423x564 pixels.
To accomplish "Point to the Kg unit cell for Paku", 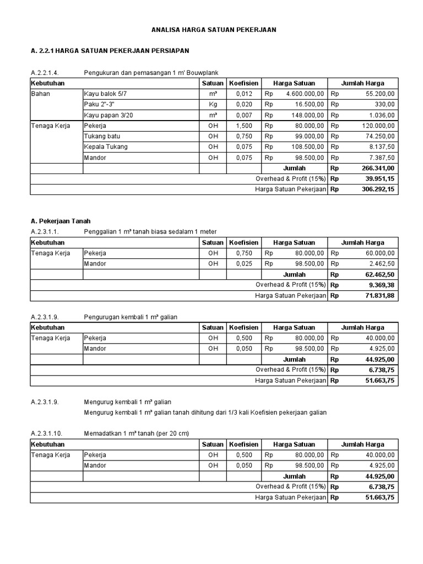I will (213, 105).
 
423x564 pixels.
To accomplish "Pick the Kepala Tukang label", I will (106, 147).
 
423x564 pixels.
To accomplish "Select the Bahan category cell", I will (40, 94).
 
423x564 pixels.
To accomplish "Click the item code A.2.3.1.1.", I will (44, 232).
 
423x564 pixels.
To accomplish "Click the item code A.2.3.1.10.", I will (46, 433).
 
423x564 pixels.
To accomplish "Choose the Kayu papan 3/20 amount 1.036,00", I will (381, 115).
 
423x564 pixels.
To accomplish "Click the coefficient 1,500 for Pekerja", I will (243, 126).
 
